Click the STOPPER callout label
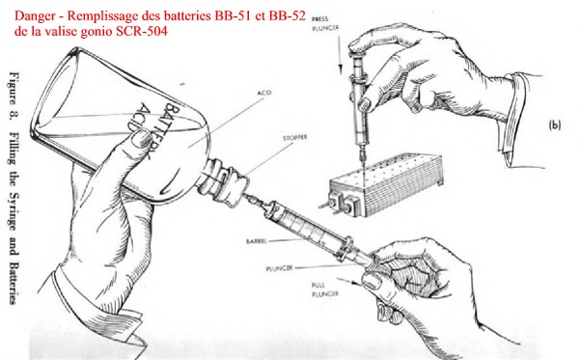click(294, 138)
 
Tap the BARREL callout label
click(257, 241)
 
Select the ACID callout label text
click(264, 93)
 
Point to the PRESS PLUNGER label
click(324, 23)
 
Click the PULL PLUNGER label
click(325, 290)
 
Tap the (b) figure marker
click(554, 125)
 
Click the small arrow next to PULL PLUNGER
click(349, 282)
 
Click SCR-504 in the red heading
click(142, 31)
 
